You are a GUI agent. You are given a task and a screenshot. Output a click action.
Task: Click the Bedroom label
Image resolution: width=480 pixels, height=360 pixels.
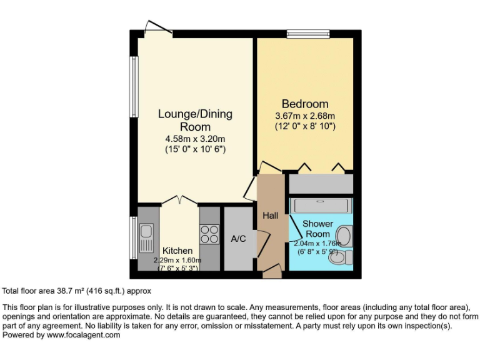[x=305, y=104]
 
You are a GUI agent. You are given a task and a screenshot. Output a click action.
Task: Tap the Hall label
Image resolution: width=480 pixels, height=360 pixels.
[x=270, y=216]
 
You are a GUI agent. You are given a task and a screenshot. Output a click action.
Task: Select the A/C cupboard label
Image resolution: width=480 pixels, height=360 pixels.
[x=238, y=239]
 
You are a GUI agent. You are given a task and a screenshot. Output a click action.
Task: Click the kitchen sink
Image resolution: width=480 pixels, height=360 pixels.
[x=146, y=238]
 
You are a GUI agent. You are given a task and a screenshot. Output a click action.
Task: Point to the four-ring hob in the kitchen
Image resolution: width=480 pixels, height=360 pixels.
[x=209, y=234]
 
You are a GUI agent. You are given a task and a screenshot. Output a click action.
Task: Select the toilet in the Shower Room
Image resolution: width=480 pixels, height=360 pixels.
[x=343, y=257]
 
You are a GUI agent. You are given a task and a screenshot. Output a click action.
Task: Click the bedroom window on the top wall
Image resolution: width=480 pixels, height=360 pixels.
[x=308, y=34]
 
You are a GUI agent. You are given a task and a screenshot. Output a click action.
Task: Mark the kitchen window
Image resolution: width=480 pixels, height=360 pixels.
[x=133, y=237]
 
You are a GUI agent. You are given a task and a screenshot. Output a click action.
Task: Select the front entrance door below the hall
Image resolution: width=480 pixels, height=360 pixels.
[x=272, y=272]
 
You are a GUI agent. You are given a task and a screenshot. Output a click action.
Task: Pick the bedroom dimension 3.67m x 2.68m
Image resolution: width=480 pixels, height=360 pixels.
[x=305, y=116]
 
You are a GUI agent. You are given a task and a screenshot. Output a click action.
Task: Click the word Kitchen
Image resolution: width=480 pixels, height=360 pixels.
[x=178, y=251]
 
